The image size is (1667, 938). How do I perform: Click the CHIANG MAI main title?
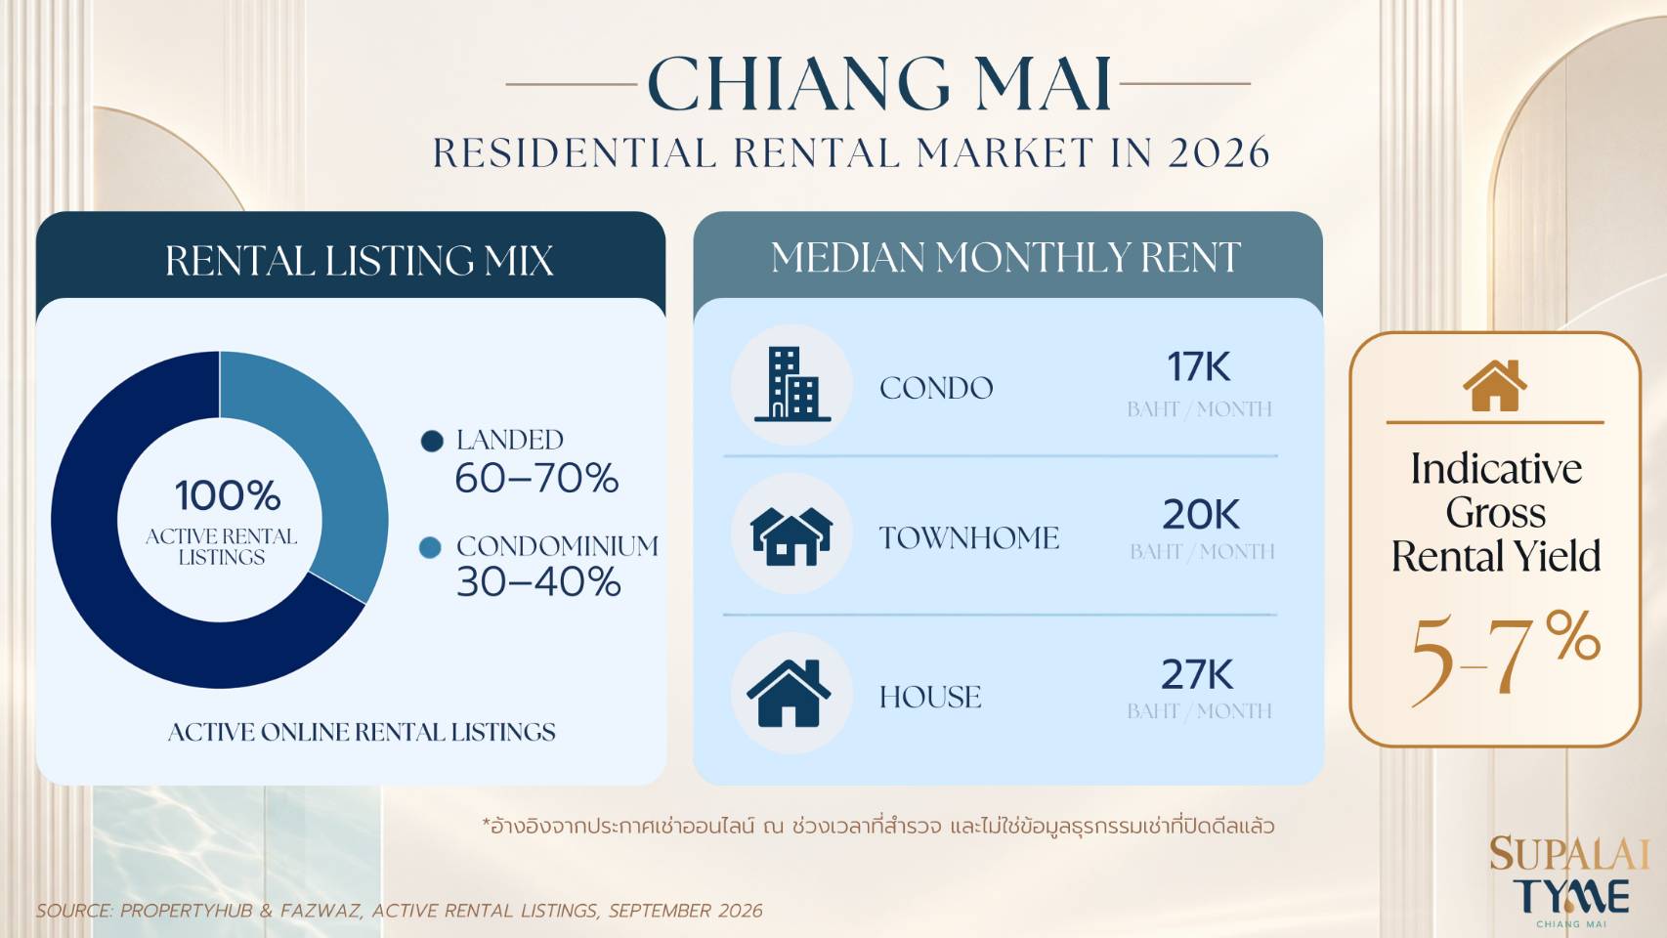[x=879, y=84]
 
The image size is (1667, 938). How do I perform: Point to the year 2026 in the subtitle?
[x=1219, y=152]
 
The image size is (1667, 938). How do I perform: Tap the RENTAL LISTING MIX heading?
[x=359, y=261]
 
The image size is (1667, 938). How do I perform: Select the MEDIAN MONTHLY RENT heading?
[x=1005, y=258]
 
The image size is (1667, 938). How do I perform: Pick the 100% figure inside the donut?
[x=228, y=495]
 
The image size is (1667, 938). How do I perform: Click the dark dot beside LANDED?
[x=432, y=441]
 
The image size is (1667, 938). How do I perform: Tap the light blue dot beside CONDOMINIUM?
[x=430, y=548]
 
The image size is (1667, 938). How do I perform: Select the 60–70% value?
[x=536, y=478]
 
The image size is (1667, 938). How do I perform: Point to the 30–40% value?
[x=538, y=582]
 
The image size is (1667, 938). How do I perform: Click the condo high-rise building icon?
[x=791, y=384]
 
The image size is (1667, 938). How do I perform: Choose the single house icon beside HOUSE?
[x=789, y=693]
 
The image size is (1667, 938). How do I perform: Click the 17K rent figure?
[x=1198, y=367]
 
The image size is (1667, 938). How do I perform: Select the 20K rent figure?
[x=1201, y=514]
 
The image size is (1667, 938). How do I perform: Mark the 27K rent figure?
[x=1197, y=674]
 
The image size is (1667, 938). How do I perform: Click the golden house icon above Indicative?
[x=1494, y=385]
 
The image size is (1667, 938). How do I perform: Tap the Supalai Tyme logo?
[x=1569, y=881]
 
